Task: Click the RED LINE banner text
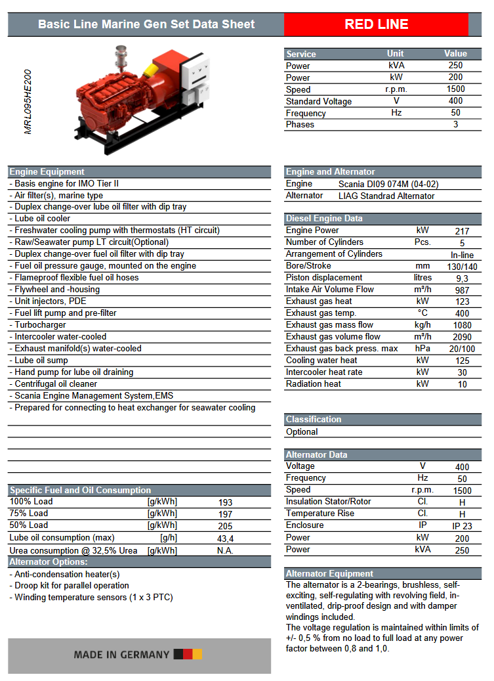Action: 377,24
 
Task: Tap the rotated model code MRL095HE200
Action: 28,102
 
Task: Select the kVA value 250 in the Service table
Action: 455,65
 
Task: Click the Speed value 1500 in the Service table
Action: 455,89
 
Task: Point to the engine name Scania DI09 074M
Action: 388,184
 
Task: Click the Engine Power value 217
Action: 462,231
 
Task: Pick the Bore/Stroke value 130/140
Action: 462,266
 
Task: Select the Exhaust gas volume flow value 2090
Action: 462,337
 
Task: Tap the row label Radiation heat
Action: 313,384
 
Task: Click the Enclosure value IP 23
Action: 462,525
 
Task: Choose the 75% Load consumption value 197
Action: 225,514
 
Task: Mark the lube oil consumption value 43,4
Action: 225,538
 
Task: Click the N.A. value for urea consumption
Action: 225,550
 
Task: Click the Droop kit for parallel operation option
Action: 72,585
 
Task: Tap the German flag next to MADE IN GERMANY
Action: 188,654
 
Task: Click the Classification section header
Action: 314,419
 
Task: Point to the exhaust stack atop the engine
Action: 120,55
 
